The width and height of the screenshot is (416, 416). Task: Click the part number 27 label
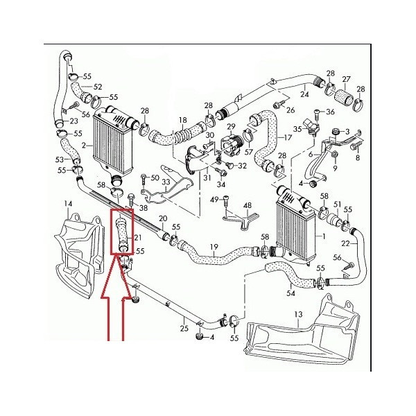[346, 79]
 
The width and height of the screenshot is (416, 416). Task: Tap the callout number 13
[298, 315]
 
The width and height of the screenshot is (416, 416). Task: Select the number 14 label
[68, 203]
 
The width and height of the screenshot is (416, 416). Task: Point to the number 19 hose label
[214, 247]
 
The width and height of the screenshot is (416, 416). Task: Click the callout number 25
[184, 329]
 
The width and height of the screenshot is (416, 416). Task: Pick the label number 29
[231, 127]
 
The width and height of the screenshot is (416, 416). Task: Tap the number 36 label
[330, 112]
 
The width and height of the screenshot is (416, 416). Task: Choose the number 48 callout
[248, 206]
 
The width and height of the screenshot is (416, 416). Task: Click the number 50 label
[155, 178]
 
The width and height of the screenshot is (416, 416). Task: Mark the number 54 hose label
[291, 293]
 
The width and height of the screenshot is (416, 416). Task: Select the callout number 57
[249, 152]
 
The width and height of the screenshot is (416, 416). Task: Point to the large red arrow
[116, 297]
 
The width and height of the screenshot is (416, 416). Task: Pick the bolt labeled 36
[318, 115]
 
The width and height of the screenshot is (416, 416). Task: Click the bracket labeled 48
[241, 219]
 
